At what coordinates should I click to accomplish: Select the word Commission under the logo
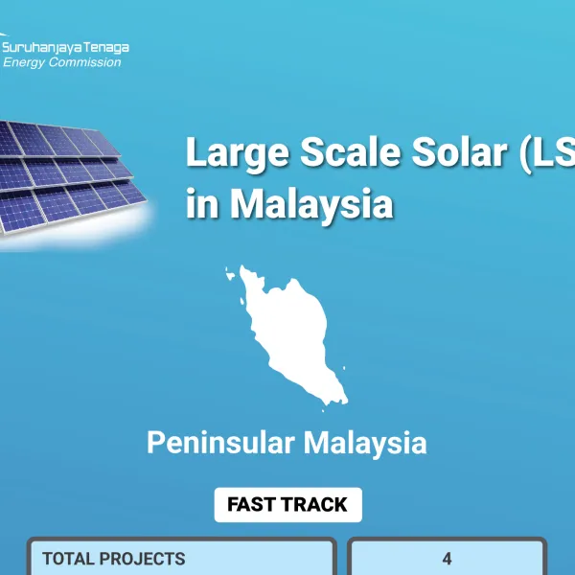click(87, 62)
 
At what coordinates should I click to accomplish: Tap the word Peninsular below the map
click(219, 444)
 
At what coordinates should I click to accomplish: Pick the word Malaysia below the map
click(365, 444)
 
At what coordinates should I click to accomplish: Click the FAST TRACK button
click(287, 504)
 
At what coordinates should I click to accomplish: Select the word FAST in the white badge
click(252, 504)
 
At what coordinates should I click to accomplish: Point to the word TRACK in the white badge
click(315, 504)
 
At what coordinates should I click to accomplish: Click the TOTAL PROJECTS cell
click(181, 558)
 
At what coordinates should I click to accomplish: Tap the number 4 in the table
click(447, 558)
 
